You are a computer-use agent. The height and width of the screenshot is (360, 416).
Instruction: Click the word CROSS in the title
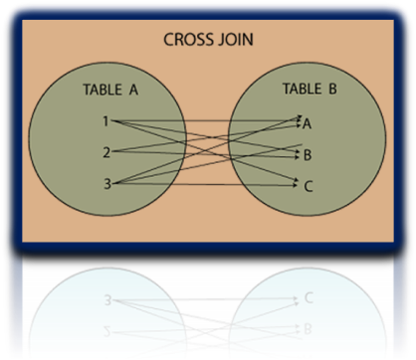click(x=186, y=42)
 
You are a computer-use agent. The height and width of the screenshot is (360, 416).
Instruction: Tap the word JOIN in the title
click(x=232, y=42)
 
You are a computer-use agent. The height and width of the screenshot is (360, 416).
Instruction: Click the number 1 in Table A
click(x=107, y=121)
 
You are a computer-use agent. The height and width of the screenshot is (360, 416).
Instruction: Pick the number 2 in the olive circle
click(x=107, y=152)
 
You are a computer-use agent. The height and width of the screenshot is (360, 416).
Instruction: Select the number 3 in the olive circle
click(x=107, y=183)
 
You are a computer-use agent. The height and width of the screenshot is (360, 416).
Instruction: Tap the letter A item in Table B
click(x=308, y=123)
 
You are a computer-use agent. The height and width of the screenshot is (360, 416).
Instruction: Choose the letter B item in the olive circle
click(x=308, y=154)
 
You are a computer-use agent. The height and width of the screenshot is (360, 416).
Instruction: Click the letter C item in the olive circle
click(x=308, y=185)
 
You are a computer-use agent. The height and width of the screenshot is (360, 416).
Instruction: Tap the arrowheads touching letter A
click(x=297, y=120)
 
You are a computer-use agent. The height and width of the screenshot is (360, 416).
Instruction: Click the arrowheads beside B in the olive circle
click(x=297, y=153)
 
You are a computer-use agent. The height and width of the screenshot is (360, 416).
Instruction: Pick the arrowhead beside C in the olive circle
click(x=297, y=183)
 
